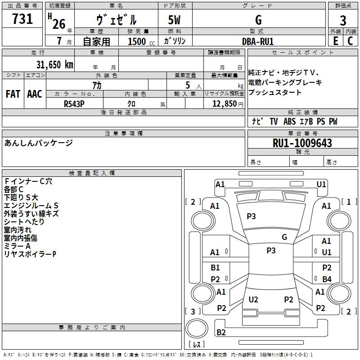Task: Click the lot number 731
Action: [x=22, y=19]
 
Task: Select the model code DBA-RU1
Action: [x=258, y=41]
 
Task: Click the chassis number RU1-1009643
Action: [x=302, y=143]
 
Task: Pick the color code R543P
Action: [x=75, y=103]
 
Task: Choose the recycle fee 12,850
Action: [x=224, y=103]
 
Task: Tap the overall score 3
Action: [x=343, y=21]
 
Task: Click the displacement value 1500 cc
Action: [x=140, y=41]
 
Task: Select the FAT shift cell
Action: [x=13, y=94]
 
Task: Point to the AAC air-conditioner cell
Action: [x=35, y=94]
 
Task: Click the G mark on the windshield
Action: [x=284, y=237]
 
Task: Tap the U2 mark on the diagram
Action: [x=253, y=299]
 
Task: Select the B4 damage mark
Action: [x=327, y=279]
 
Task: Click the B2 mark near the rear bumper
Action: [x=221, y=333]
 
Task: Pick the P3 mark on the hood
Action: [x=251, y=216]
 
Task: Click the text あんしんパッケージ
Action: [x=38, y=143]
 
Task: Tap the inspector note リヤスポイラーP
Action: [x=30, y=254]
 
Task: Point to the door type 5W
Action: [x=175, y=20]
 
